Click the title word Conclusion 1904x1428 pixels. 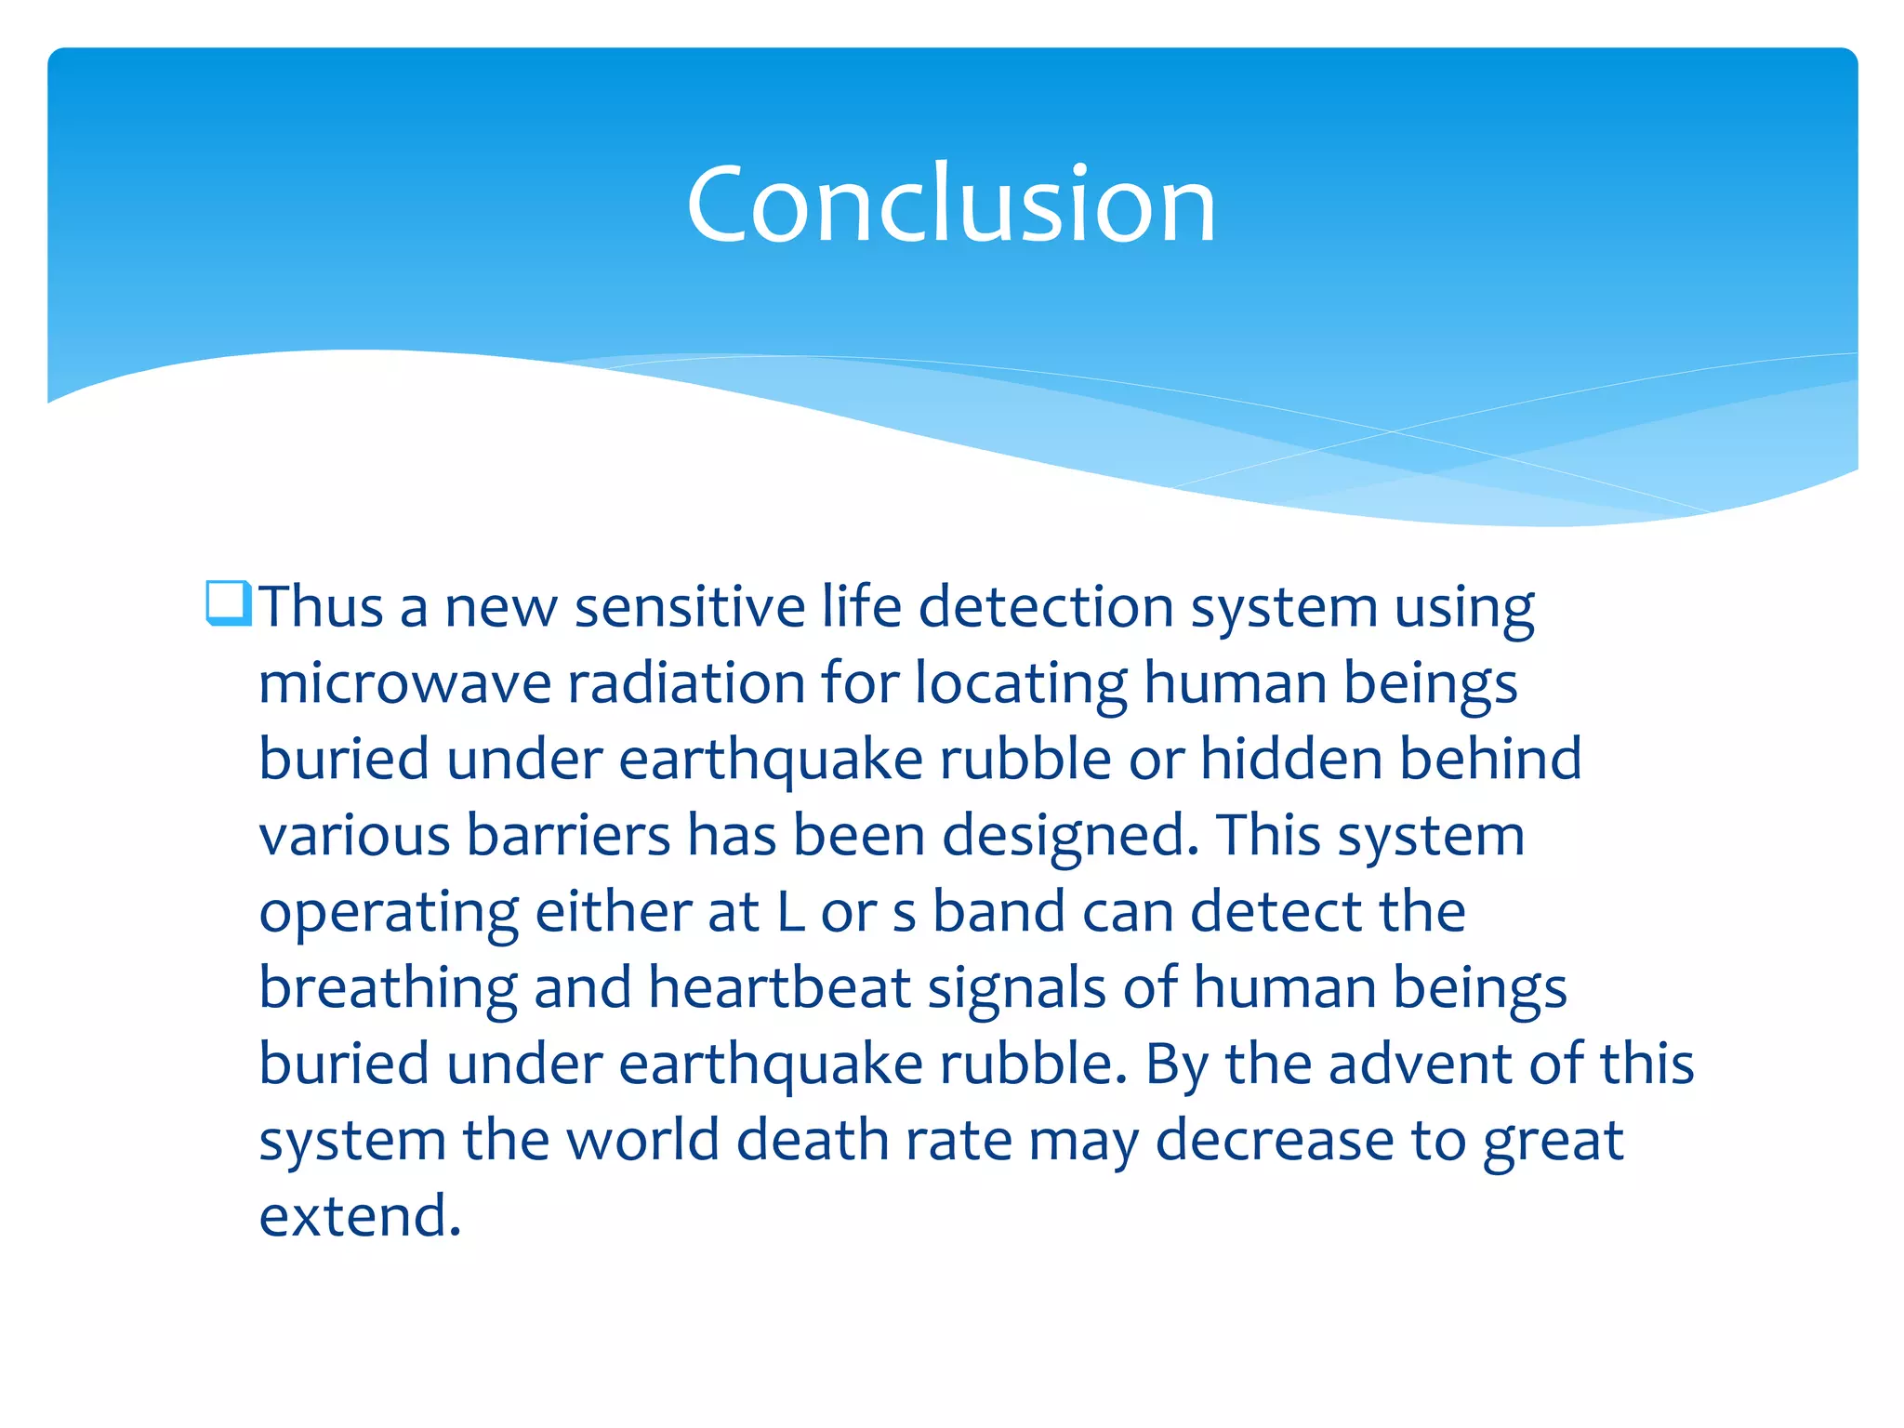[951, 204]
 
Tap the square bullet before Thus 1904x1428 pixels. [228, 602]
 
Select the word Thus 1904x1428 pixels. [321, 607]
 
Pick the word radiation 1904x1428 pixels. [686, 683]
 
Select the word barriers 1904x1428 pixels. [568, 835]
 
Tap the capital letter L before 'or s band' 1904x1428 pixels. [790, 911]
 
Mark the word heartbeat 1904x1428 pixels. [779, 987]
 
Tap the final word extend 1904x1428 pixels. [360, 1216]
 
